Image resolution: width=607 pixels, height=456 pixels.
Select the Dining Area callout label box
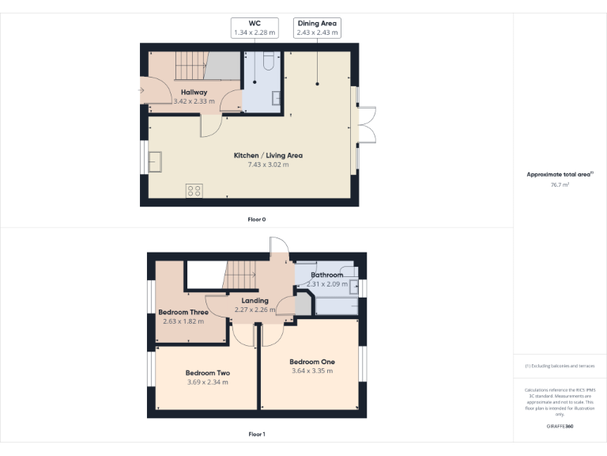click(x=318, y=28)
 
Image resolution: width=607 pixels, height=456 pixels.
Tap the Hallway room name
click(x=194, y=93)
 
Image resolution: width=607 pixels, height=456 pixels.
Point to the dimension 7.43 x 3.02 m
click(x=268, y=165)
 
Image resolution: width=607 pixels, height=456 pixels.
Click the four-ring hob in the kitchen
click(x=194, y=191)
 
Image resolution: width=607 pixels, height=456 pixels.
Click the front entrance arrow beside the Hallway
click(x=141, y=90)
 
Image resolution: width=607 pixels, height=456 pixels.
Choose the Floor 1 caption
click(x=256, y=434)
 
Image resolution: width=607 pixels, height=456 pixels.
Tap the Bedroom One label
click(x=311, y=362)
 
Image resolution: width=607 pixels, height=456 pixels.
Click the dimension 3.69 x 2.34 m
click(x=207, y=382)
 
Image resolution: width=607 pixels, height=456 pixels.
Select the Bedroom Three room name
click(x=183, y=312)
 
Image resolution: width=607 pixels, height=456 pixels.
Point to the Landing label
click(x=255, y=300)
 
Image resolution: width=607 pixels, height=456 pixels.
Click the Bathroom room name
click(x=326, y=275)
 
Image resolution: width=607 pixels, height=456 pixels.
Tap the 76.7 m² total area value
click(x=560, y=184)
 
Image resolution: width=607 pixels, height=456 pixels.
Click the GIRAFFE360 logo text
click(x=560, y=426)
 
